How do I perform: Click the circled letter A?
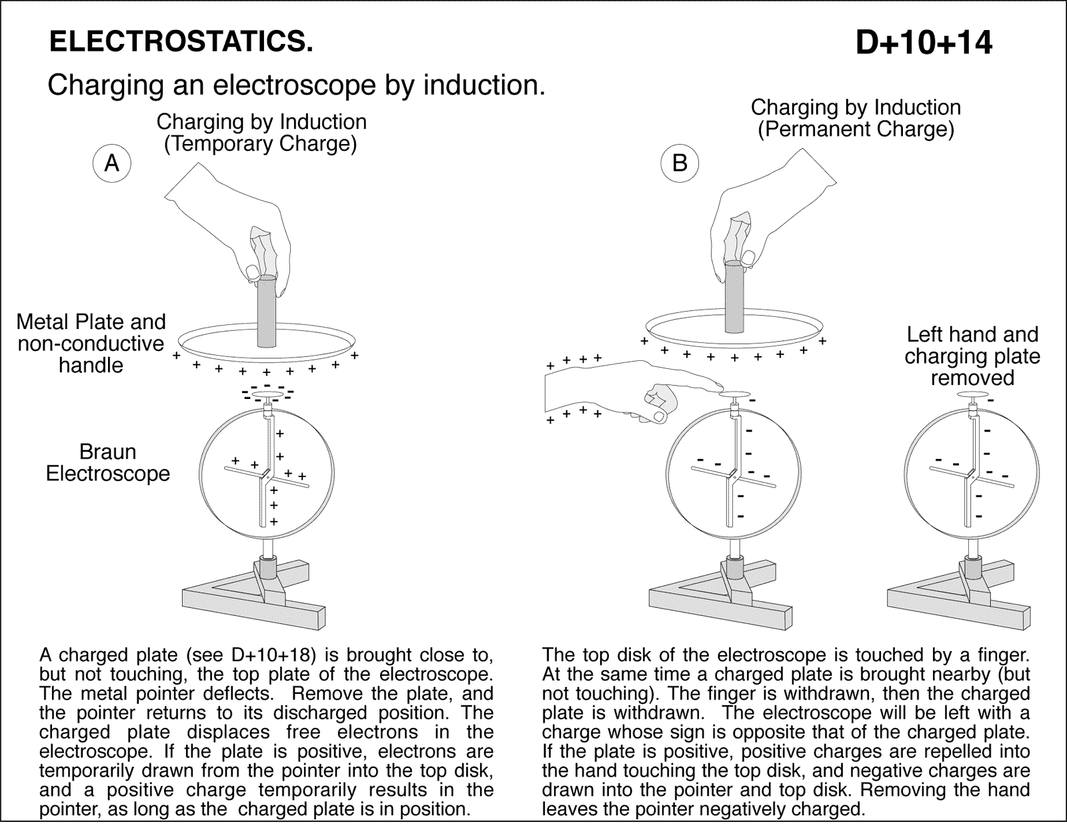pyautogui.click(x=112, y=163)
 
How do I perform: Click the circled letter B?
pyautogui.click(x=680, y=163)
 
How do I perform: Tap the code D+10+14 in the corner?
pyautogui.click(x=924, y=43)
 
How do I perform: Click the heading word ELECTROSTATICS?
pyautogui.click(x=181, y=42)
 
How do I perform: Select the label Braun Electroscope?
pyautogui.click(x=107, y=462)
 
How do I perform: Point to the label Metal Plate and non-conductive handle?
pyautogui.click(x=91, y=344)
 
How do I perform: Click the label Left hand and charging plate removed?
pyautogui.click(x=972, y=356)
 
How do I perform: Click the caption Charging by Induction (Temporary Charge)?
pyautogui.click(x=261, y=133)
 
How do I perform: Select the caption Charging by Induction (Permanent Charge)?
pyautogui.click(x=856, y=118)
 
